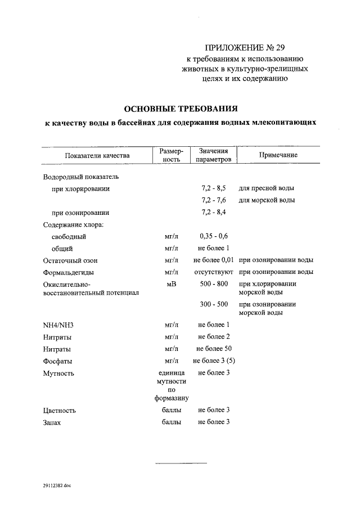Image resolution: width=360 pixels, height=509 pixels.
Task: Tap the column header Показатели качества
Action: (97, 155)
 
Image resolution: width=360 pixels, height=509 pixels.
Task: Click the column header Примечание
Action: (278, 155)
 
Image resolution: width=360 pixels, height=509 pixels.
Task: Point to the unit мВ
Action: (172, 284)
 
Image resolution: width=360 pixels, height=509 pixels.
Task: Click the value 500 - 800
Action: (213, 284)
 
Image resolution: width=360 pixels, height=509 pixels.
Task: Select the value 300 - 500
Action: (213, 304)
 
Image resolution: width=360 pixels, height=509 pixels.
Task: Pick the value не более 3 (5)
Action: (213, 361)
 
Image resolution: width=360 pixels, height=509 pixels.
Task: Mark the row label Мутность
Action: (58, 373)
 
